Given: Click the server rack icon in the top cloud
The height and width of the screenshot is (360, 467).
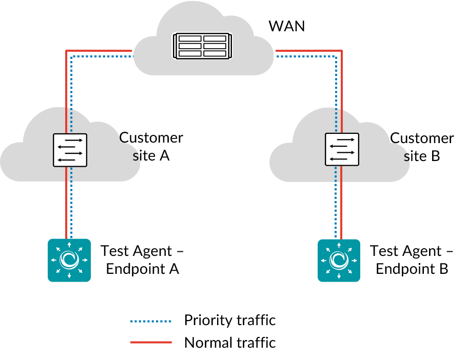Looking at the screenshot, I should (203, 46).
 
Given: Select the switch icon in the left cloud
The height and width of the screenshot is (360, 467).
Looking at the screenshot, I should (70, 150).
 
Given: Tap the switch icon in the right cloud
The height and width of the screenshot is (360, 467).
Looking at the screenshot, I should (342, 149).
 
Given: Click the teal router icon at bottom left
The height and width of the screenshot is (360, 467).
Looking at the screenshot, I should (69, 260).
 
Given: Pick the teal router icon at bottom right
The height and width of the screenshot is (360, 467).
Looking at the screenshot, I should (339, 260).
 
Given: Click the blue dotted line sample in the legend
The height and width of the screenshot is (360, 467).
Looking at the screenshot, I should (151, 322).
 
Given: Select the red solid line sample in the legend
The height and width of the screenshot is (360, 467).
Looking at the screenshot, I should (151, 342).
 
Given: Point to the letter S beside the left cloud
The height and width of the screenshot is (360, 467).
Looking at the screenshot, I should (135, 157).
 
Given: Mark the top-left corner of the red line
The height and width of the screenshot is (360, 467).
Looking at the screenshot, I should (67, 50).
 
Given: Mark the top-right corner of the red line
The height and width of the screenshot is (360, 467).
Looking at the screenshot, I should (341, 51).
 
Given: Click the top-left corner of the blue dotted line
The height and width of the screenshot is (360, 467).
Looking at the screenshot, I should (71, 56).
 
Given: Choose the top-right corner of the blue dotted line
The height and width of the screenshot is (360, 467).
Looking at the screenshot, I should (336, 56).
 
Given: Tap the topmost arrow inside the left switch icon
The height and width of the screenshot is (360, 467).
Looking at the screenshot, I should (73, 140).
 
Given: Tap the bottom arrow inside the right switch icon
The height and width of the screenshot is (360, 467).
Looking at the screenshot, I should (339, 159).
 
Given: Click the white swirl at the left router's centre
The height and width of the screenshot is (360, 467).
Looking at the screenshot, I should (69, 260).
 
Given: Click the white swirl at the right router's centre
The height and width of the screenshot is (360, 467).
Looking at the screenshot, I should (339, 260).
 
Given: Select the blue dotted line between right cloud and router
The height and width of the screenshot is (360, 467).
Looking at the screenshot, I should (336, 210).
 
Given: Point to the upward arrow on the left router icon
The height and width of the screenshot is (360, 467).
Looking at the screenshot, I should (69, 245).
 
